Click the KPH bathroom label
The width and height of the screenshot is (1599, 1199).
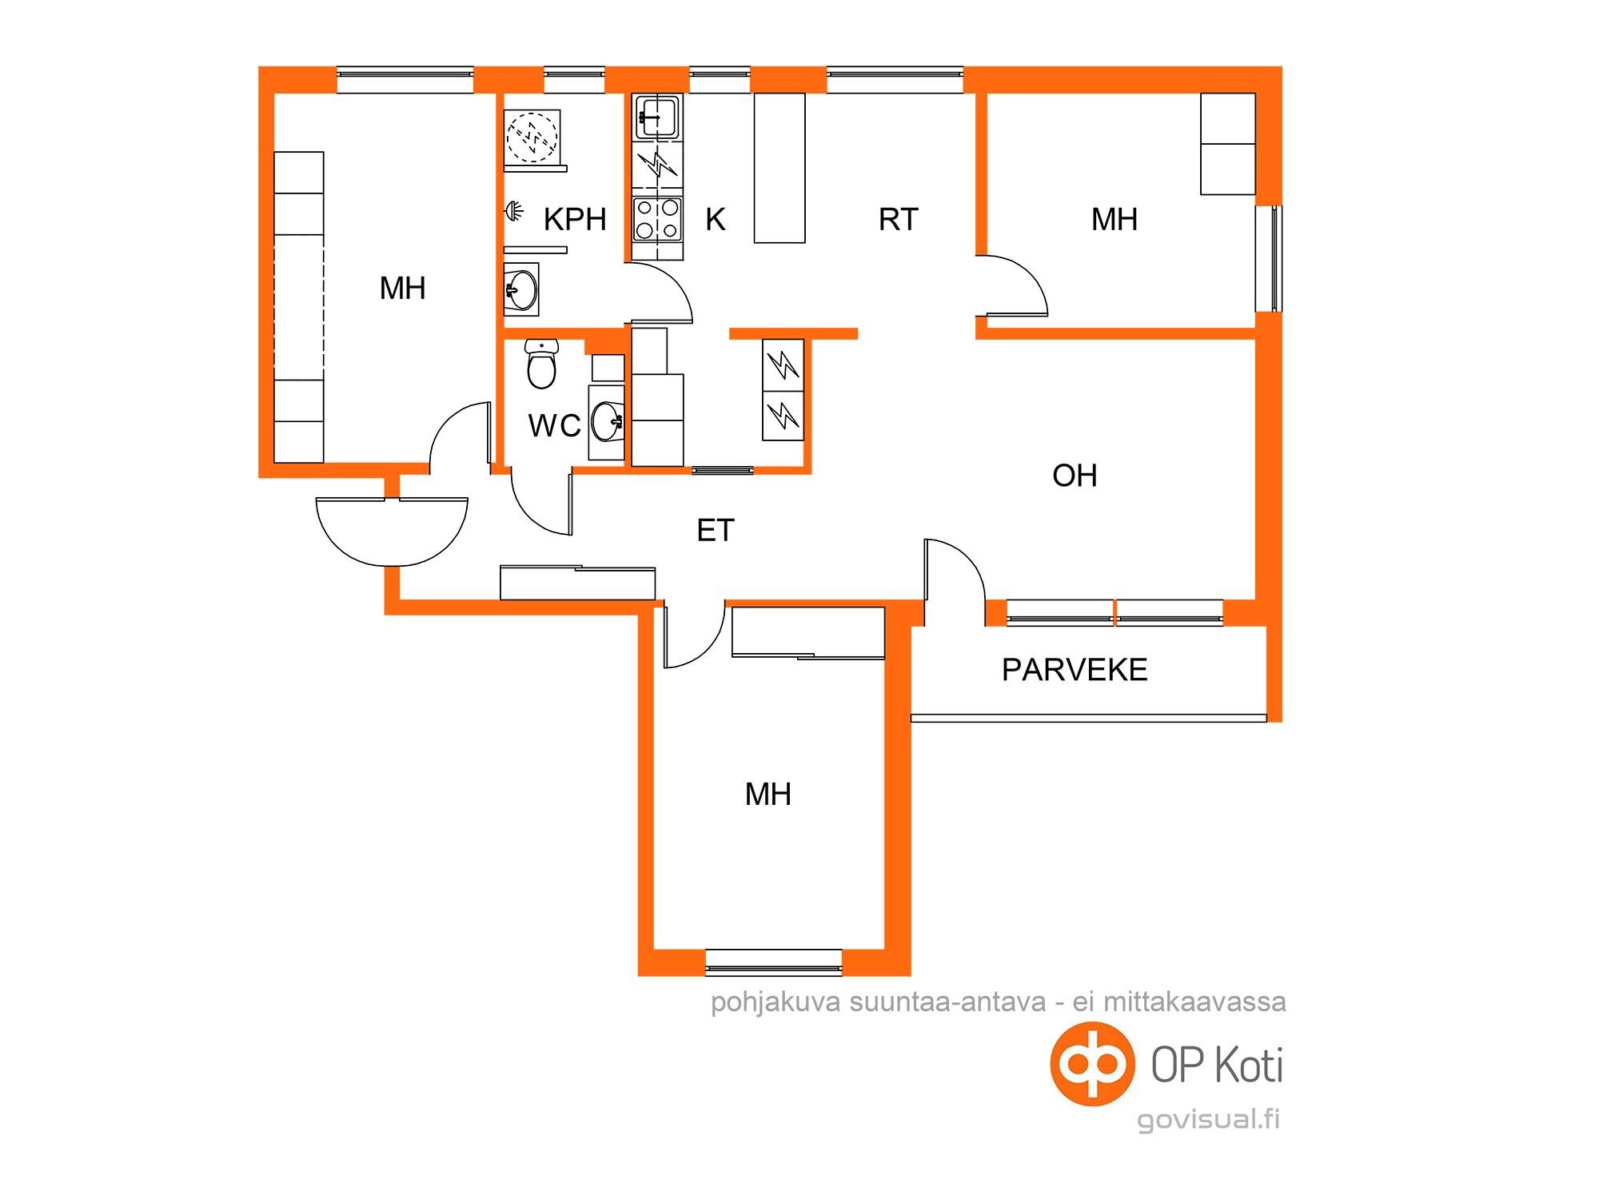click(575, 219)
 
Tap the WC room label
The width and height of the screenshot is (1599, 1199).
click(554, 426)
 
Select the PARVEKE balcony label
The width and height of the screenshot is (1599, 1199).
click(1075, 670)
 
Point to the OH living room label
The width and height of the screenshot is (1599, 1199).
click(1075, 476)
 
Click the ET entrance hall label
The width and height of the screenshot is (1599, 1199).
click(716, 531)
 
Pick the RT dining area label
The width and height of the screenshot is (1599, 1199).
click(899, 219)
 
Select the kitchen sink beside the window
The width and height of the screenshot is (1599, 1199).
click(657, 118)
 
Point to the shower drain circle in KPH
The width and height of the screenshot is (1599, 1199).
click(532, 133)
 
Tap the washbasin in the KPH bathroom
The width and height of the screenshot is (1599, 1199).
click(521, 289)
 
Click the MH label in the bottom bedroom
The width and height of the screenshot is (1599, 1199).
click(768, 795)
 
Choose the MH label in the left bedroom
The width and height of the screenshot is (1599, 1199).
click(403, 289)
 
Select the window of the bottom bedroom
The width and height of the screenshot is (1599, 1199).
click(774, 962)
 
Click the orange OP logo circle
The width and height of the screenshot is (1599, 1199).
click(1092, 1064)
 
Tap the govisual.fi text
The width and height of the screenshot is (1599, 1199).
click(1209, 1119)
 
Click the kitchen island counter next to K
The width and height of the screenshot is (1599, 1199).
click(780, 168)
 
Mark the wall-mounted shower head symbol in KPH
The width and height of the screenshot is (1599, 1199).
click(514, 212)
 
